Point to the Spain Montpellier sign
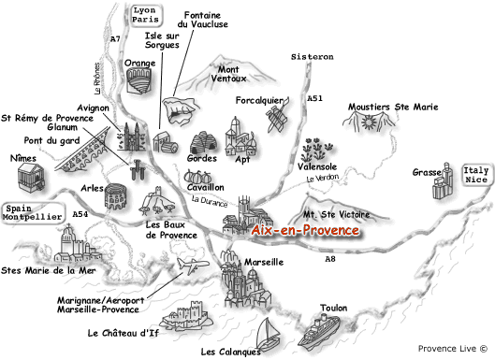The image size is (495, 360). click(x=33, y=214)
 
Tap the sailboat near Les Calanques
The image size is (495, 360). click(x=269, y=334)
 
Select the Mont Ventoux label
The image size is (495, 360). click(x=236, y=74)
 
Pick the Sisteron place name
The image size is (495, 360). click(x=312, y=57)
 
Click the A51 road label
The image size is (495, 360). click(x=315, y=98)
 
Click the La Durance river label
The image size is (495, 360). click(x=209, y=199)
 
